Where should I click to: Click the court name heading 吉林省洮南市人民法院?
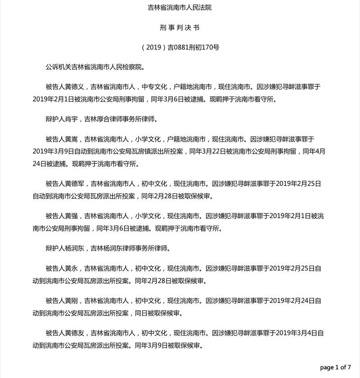180,8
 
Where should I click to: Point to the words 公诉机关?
58,67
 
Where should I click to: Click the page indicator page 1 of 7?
335,368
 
